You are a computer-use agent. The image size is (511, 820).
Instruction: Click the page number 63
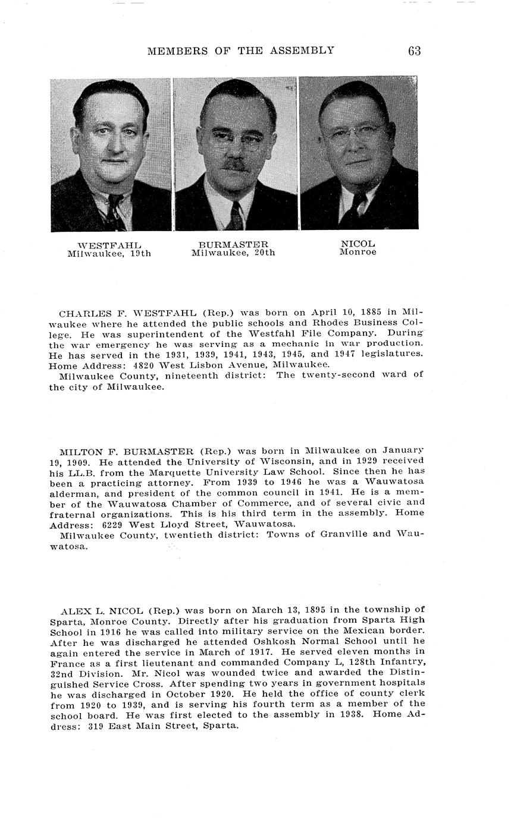(x=415, y=51)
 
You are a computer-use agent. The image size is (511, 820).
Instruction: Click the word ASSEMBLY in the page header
(x=303, y=51)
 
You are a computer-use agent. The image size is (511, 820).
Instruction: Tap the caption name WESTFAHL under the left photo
(x=109, y=245)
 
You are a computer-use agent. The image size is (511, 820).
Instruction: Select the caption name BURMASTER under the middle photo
(x=233, y=244)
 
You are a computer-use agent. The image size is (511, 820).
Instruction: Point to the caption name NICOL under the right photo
(x=358, y=244)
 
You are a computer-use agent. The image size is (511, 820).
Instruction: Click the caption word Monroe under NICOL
(x=358, y=252)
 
